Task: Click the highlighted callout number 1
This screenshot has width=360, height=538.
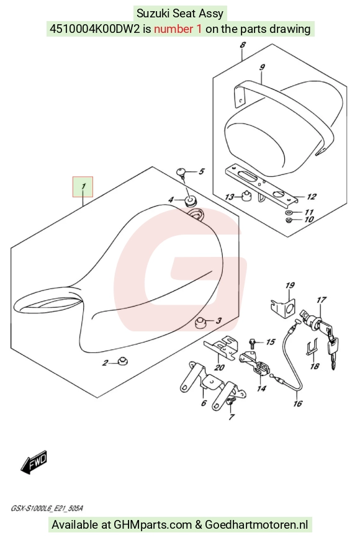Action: click(x=83, y=187)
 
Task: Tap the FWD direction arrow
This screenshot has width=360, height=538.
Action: click(x=34, y=462)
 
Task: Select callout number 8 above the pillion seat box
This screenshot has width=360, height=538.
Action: click(x=243, y=45)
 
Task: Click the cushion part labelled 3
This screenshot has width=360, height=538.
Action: click(x=200, y=323)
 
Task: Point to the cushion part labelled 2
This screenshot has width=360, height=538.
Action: click(x=122, y=361)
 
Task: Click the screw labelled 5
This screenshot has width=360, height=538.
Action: click(x=181, y=173)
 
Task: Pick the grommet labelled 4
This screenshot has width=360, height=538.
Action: click(x=189, y=200)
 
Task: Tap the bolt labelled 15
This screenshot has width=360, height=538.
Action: click(x=252, y=342)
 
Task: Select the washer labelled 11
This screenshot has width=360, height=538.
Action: click(x=289, y=212)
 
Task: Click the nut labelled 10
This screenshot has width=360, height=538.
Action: click(x=289, y=220)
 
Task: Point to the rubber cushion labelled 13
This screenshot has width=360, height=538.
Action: click(x=245, y=196)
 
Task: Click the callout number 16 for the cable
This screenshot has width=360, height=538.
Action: click(x=297, y=403)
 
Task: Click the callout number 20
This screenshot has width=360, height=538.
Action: click(x=219, y=367)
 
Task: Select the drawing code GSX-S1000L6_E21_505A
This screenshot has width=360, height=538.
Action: click(x=47, y=508)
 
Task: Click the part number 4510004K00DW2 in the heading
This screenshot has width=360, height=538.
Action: click(x=95, y=29)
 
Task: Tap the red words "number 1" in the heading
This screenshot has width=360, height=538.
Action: click(x=178, y=29)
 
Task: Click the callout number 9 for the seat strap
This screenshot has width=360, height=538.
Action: click(x=262, y=67)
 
